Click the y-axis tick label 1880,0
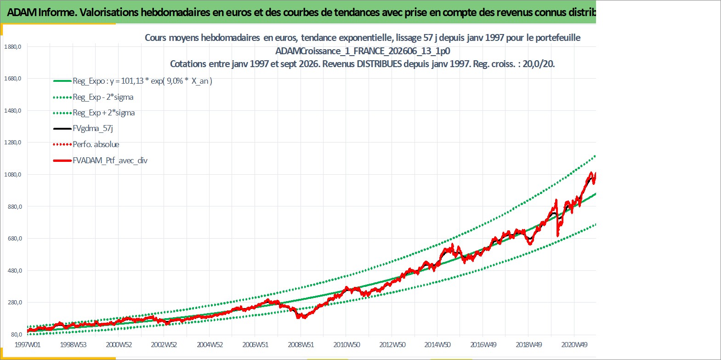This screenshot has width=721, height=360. pyautogui.click(x=12, y=47)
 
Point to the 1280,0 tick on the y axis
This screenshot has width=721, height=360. pyautogui.click(x=12, y=143)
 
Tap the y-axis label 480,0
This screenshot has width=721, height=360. pyautogui.click(x=15, y=270)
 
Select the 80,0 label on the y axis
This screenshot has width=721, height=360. pyautogui.click(x=17, y=334)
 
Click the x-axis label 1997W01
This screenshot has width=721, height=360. pyautogui.click(x=28, y=344)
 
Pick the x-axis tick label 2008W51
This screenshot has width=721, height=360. pyautogui.click(x=301, y=344)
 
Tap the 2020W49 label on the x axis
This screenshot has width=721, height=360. pyautogui.click(x=574, y=344)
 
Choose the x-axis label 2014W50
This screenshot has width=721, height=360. pyautogui.click(x=437, y=344)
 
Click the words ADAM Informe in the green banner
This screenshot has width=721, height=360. pyautogui.click(x=41, y=12)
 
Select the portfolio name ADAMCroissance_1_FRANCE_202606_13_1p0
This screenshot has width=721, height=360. pyautogui.click(x=363, y=51)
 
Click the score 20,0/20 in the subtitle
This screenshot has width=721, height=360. pyautogui.click(x=538, y=64)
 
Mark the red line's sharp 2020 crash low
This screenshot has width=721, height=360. pyautogui.click(x=557, y=236)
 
